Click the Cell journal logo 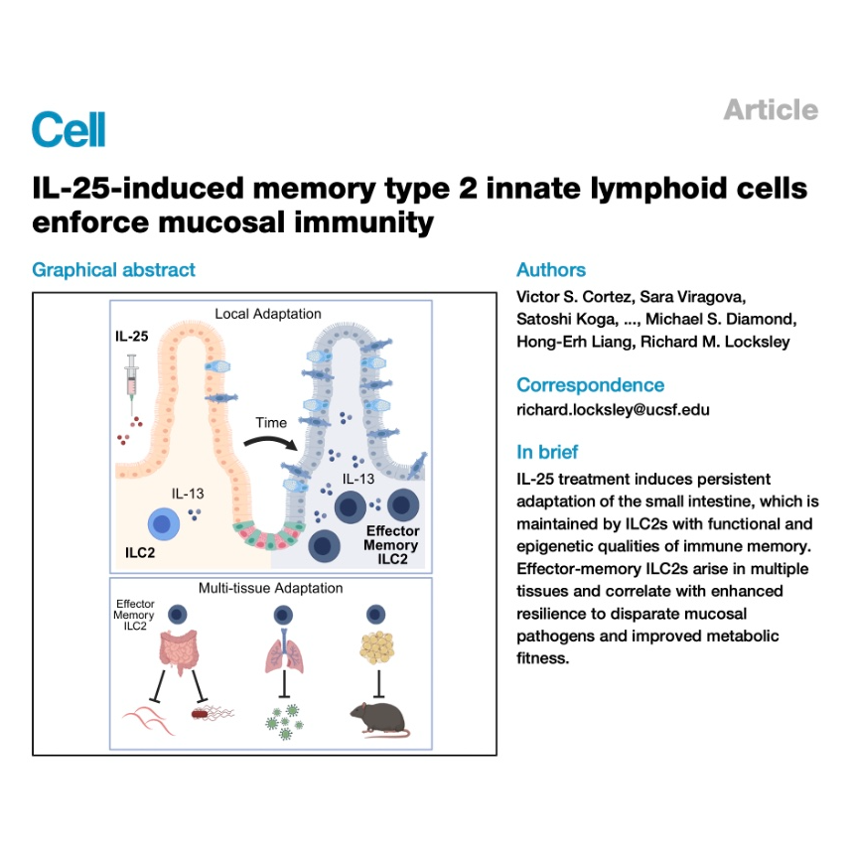[x=69, y=129]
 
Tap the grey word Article [x=771, y=110]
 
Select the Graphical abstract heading [x=113, y=270]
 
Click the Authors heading [x=551, y=269]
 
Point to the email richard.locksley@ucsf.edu [x=613, y=409]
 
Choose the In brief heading [x=547, y=452]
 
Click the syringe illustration [x=131, y=385]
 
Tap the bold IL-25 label [x=131, y=336]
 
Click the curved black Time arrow [x=271, y=440]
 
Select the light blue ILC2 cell [x=164, y=524]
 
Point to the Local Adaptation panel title [x=268, y=314]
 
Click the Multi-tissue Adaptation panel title [x=271, y=588]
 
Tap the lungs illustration [x=284, y=652]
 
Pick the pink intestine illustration [x=179, y=650]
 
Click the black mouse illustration [x=379, y=720]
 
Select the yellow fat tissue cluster [x=377, y=647]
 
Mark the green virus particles [x=284, y=723]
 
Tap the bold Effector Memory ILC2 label [x=391, y=545]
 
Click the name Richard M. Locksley [x=715, y=342]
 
